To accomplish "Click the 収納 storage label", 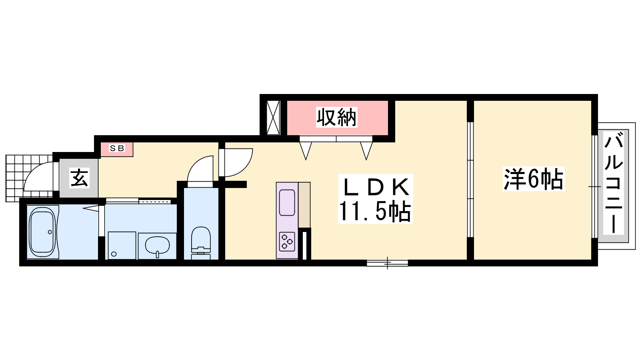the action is [336, 117].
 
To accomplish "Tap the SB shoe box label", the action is [117, 148].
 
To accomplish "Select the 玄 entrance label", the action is [80, 178].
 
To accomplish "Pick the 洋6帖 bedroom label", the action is [534, 179].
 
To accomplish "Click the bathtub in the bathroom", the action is [42, 232].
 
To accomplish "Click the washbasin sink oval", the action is [157, 245].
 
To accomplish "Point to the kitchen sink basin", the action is [287, 202].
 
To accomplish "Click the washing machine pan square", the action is [122, 246].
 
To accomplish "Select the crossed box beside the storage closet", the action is [273, 118].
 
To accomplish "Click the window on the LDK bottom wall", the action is [388, 263].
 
